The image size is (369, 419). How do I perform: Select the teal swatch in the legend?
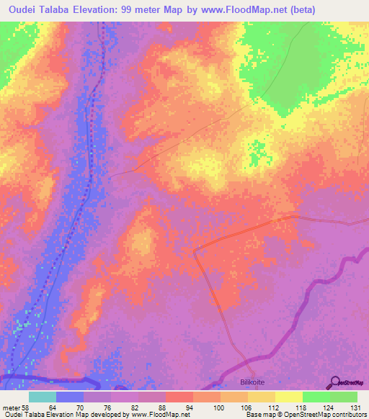[42, 397]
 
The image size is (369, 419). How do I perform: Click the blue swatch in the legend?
[69, 397]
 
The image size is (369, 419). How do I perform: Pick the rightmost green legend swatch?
[344, 397]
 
